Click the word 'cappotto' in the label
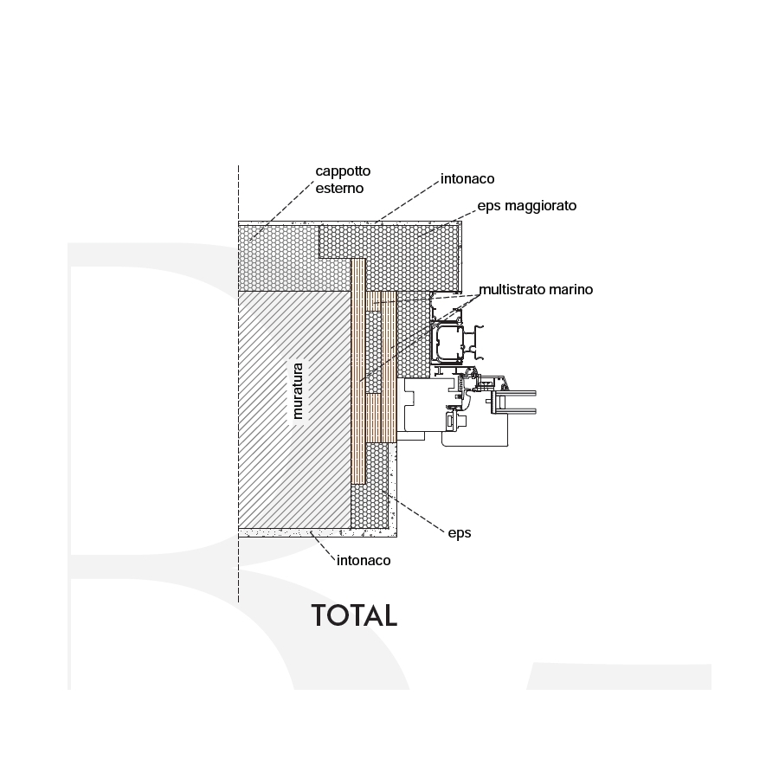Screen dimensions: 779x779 [x=343, y=171]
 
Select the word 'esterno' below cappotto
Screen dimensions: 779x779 [x=339, y=189]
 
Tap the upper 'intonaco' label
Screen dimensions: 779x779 [x=467, y=179]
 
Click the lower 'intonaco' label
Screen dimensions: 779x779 [x=364, y=560]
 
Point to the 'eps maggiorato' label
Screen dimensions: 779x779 [x=527, y=206]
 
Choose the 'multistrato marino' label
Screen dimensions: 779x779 [x=536, y=290]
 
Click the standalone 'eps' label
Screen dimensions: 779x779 [x=460, y=533]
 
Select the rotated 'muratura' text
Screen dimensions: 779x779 [x=298, y=391]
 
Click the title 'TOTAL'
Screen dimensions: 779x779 [x=354, y=615]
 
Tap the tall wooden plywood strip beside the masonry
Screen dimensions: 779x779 [x=358, y=370]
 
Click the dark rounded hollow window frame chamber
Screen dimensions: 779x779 [x=448, y=344]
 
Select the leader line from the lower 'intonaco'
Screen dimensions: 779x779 [x=323, y=546]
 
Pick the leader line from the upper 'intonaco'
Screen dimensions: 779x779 [x=408, y=201]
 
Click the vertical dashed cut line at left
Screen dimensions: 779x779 [x=239, y=383]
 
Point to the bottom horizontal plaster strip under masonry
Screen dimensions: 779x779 [x=318, y=532]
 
